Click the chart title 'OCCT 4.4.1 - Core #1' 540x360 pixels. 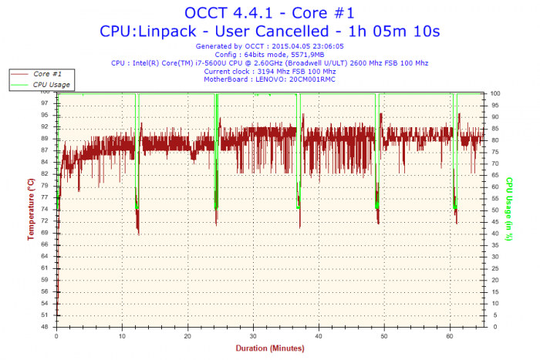(270, 13)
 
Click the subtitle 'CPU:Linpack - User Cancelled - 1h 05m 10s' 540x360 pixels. (270, 31)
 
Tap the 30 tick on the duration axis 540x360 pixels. (254, 336)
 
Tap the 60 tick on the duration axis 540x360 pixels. (451, 336)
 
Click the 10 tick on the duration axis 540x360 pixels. (123, 336)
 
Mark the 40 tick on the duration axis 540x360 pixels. (319, 336)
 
